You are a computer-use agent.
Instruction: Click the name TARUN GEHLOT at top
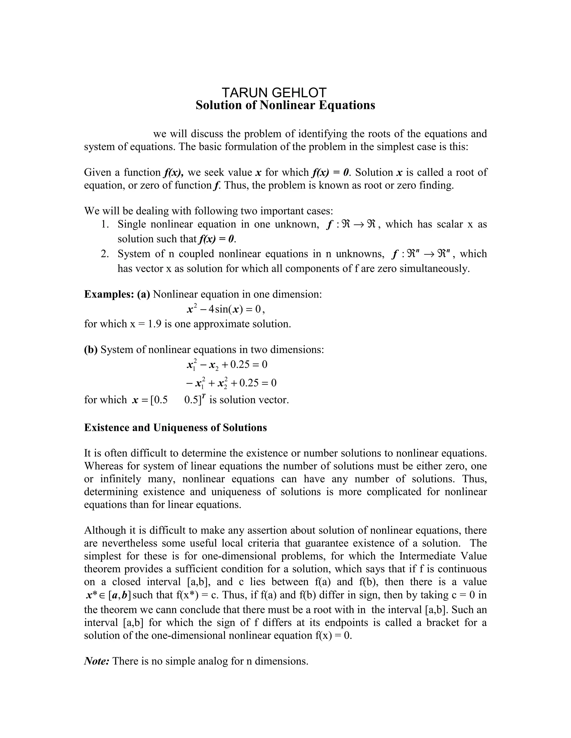pos(274,92)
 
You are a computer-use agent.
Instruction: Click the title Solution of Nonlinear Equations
pos(285,105)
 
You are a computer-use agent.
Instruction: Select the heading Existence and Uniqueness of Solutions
pos(175,427)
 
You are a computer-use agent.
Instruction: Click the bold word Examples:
pos(109,294)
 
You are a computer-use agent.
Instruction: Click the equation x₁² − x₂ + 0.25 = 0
pos(227,365)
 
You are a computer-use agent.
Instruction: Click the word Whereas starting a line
pos(103,466)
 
